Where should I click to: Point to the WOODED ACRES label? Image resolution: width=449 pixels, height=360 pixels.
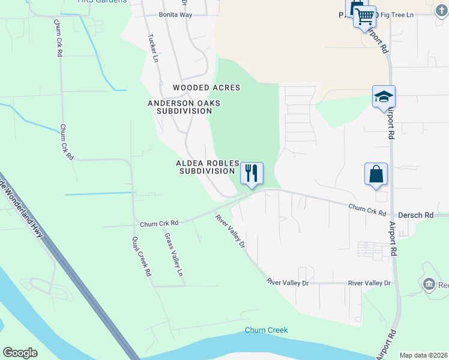coord(206,88)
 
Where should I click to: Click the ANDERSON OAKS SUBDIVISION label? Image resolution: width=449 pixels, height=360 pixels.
coord(184,107)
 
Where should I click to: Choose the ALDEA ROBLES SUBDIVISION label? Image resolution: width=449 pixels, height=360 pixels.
coord(206,167)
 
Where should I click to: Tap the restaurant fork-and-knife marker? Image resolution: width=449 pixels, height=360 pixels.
coord(252,173)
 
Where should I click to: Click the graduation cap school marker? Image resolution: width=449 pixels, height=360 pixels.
coord(384,97)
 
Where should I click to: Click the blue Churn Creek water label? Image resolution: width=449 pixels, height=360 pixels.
coord(266,331)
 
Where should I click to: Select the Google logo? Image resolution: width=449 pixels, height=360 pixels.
coord(20,353)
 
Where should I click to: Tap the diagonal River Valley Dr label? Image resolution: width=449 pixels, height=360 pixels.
coord(231,231)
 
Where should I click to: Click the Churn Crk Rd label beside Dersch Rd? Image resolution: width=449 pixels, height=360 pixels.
coord(367,210)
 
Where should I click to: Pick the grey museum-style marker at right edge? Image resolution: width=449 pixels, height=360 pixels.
coord(429,284)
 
